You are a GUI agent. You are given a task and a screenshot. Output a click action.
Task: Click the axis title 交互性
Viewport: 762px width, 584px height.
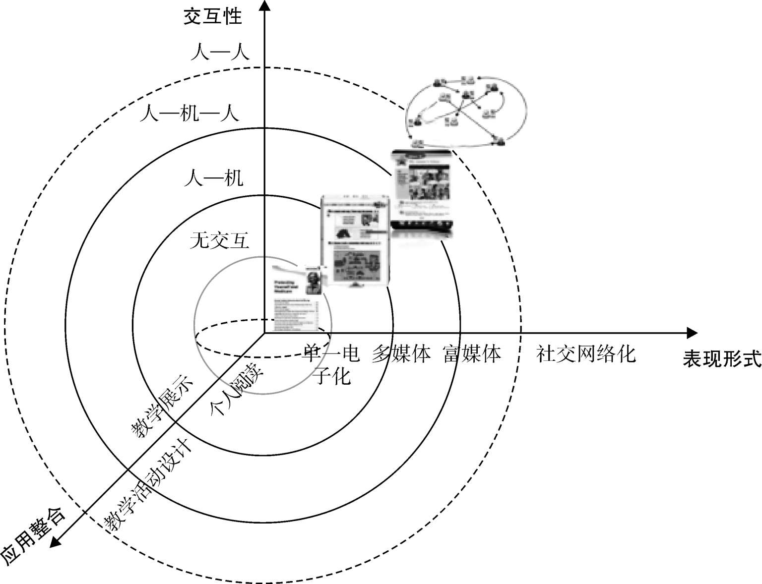pos(212,16)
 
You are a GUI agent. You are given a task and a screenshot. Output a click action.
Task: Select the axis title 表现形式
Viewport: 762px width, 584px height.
pos(721,358)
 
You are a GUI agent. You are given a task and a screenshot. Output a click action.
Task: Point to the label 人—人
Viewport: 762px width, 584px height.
pos(220,52)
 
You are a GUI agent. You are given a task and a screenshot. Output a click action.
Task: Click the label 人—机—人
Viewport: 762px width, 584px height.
pos(189,114)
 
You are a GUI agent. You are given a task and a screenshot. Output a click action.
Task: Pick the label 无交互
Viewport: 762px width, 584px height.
pos(219,241)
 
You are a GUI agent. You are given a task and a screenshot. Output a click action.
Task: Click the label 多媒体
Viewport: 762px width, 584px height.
pos(401,354)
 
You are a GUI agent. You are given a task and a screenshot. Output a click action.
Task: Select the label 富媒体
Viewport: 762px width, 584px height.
pos(472,354)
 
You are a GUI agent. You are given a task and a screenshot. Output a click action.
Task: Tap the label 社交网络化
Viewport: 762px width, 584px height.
pos(585,354)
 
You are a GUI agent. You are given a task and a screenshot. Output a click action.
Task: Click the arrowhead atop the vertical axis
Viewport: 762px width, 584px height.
pos(265,6)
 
